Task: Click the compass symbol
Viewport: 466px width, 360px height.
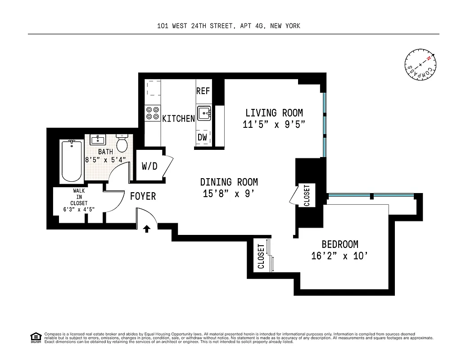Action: [x=421, y=65]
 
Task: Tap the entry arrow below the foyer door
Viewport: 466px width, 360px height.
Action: [x=146, y=229]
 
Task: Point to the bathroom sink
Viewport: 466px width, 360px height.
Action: [x=98, y=139]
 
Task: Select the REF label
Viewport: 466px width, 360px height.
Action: [x=203, y=91]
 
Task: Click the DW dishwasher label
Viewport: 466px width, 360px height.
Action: [x=202, y=137]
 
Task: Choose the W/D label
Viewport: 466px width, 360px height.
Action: [x=149, y=166]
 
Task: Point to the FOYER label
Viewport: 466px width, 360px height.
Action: [x=143, y=197]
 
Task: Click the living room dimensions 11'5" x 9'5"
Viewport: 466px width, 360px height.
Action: [x=274, y=125]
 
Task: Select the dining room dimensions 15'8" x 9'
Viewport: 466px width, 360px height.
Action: [x=229, y=194]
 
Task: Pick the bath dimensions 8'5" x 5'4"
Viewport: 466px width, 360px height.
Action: [x=105, y=159]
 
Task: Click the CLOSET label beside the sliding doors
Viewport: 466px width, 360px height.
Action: [x=261, y=256]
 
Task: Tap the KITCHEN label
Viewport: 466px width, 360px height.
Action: [x=178, y=119]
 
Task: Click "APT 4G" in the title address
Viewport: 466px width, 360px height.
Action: [x=252, y=26]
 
